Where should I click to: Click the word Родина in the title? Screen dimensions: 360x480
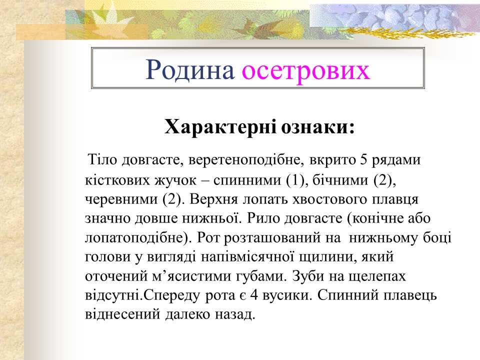(190, 70)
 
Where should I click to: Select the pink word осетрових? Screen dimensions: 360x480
(306, 70)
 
